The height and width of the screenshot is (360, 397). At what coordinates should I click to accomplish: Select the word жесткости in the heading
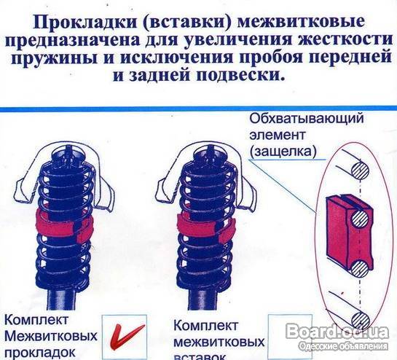point(345,40)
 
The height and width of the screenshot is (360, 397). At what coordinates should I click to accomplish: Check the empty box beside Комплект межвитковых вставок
point(290,337)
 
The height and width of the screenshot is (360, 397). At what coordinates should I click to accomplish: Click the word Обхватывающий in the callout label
point(307,119)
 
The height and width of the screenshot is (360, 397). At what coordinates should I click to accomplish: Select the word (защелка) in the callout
point(283,152)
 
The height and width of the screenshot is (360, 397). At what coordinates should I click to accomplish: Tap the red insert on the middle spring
point(205,226)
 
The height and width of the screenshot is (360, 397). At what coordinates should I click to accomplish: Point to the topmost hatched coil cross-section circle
point(360,171)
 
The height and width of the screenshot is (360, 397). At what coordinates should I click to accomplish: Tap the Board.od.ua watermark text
point(338,332)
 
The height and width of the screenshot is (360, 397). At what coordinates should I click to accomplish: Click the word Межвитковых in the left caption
point(50,336)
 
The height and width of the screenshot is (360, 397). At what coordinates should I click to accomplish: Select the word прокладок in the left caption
point(40,353)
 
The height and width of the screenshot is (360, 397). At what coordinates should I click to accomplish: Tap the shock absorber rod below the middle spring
point(202,302)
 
